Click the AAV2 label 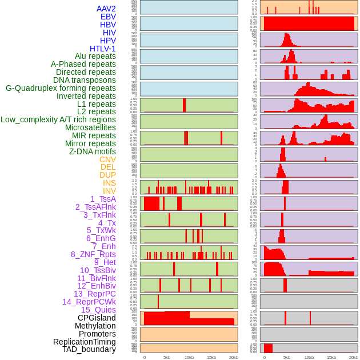[106, 9]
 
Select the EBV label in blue [108, 17]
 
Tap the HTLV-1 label [102, 49]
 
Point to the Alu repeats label [95, 56]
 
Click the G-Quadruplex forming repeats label [61, 88]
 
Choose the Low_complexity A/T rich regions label [58, 119]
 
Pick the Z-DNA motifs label [93, 151]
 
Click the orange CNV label [107, 159]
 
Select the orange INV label [109, 191]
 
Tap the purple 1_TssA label [103, 199]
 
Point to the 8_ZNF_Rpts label [93, 254]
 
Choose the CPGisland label [97, 318]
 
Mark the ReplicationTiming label [84, 342]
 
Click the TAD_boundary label [89, 349]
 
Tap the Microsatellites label [90, 127]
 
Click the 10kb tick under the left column [189, 357]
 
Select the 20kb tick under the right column [354, 357]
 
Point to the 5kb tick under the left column [166, 357]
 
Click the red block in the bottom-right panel [268, 348]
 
